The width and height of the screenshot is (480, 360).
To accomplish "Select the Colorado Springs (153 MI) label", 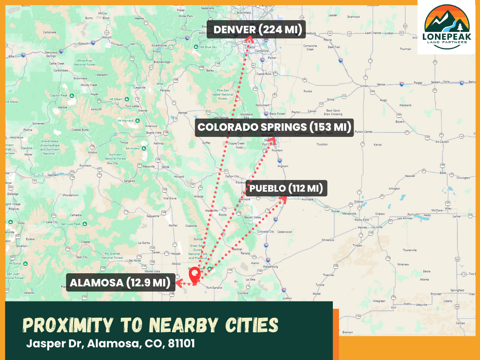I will (x=274, y=127).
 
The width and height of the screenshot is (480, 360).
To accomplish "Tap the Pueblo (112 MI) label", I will (x=286, y=189).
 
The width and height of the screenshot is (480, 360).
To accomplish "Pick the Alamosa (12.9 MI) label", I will (x=120, y=283).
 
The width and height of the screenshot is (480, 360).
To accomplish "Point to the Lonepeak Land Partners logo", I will (x=446, y=27).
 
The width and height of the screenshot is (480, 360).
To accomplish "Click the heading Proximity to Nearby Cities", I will (x=150, y=325).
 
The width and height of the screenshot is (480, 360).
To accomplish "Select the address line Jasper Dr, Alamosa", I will (x=110, y=343).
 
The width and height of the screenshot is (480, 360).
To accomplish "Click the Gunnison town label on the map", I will (x=85, y=165).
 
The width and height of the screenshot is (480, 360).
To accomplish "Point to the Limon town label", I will (x=364, y=86).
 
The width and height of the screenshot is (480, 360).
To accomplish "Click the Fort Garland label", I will (x=213, y=287).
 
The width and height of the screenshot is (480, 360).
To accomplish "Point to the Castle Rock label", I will (x=264, y=74).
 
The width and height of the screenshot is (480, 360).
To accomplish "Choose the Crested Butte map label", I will (x=80, y=130).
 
